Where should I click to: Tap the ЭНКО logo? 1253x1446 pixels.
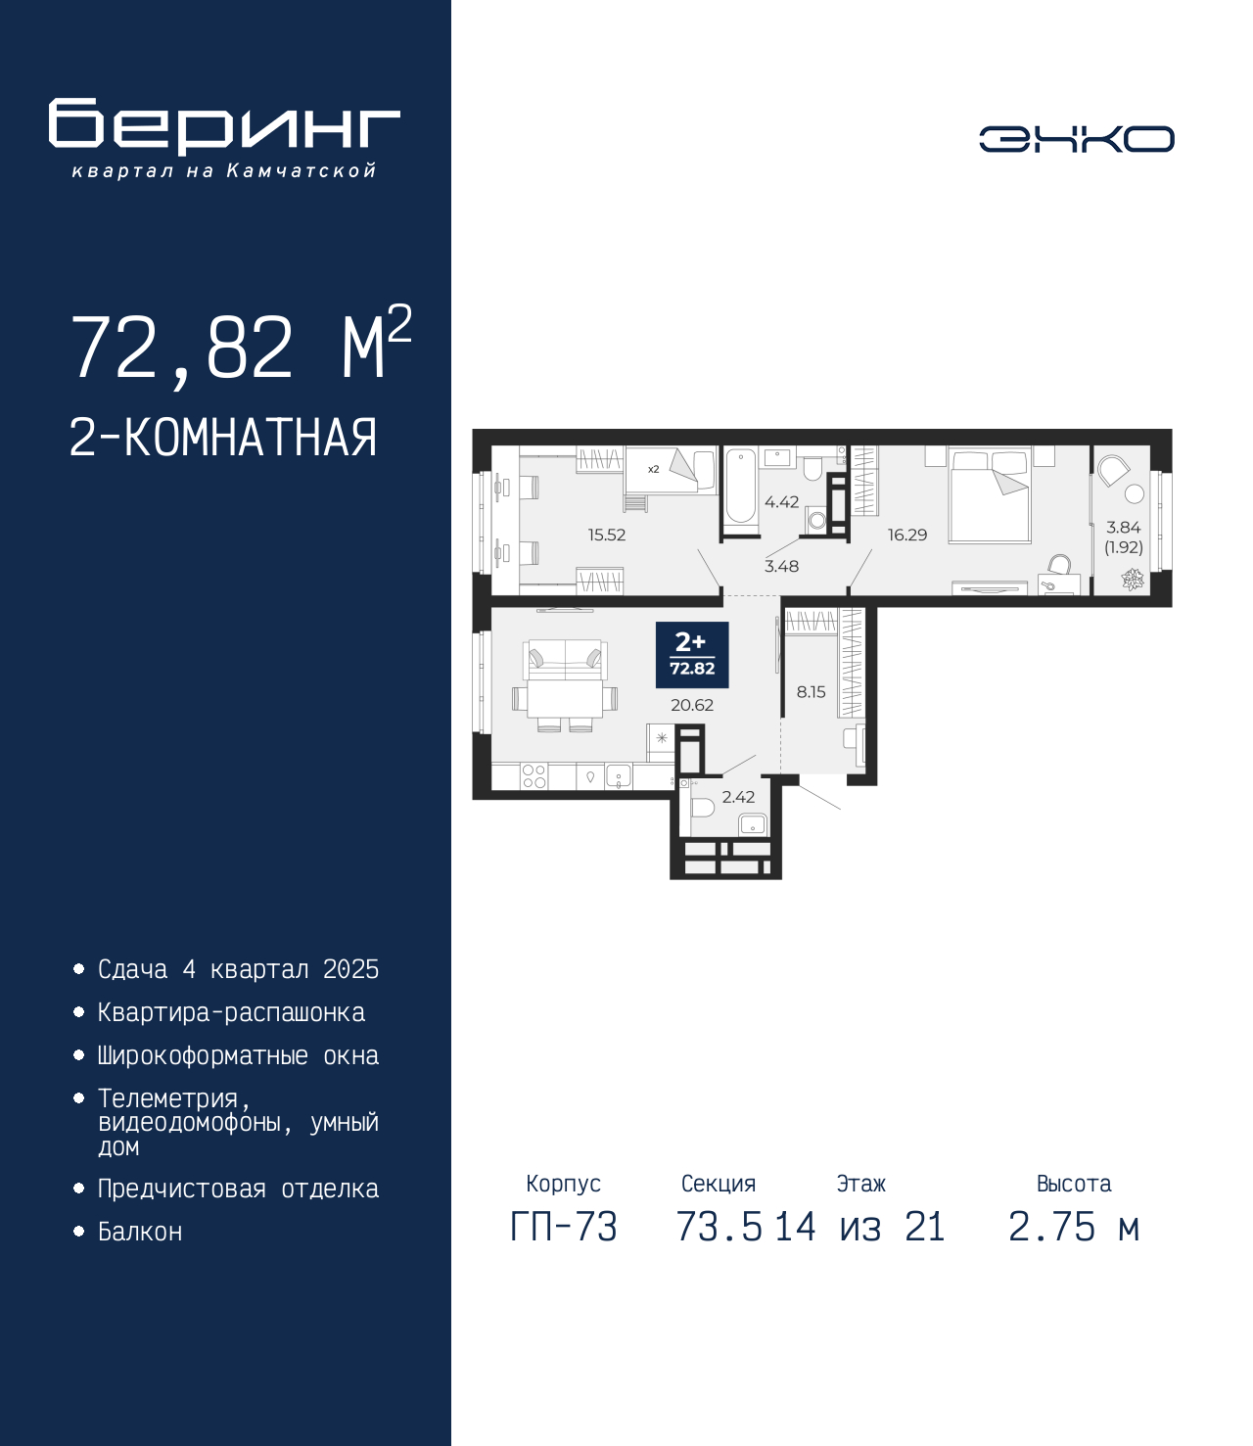coord(1076,138)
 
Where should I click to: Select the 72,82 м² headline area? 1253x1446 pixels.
coord(242,347)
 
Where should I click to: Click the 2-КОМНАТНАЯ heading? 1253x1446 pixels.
coord(223,438)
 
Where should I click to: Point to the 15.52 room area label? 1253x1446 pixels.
coord(607,536)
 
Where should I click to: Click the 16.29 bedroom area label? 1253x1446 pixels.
coord(907,536)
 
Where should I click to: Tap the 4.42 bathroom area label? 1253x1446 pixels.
coord(781,501)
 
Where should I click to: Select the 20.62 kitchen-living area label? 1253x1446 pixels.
coord(692,705)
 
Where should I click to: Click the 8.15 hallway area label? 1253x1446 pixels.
coord(811,692)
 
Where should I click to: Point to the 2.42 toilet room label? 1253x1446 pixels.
coord(738,797)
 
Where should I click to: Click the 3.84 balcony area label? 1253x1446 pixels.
coord(1124,528)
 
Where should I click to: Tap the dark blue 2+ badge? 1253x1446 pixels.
coord(692,655)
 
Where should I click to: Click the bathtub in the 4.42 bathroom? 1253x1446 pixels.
coord(740,487)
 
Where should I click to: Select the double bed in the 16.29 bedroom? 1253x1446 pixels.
coord(990,496)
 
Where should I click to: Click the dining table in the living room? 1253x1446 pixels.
coord(565,698)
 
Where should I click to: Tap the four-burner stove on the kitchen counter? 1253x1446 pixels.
coord(534,776)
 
